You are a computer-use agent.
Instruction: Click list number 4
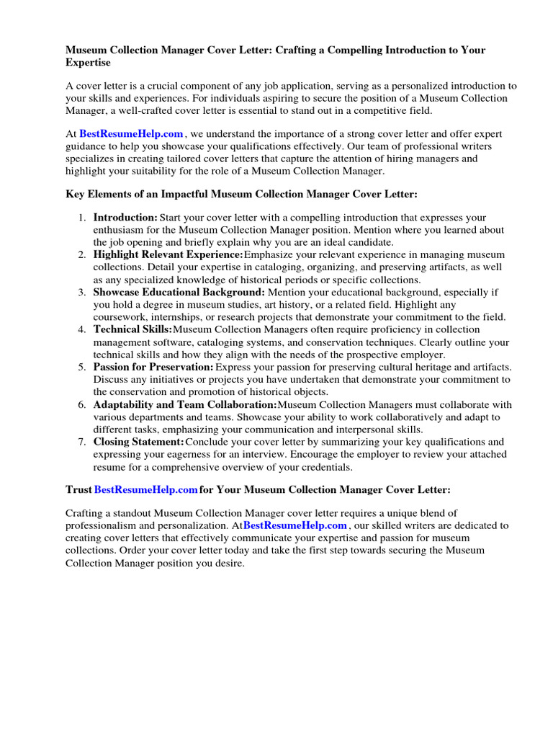(82, 329)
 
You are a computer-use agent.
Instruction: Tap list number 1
(82, 218)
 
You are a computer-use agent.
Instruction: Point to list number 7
(82, 442)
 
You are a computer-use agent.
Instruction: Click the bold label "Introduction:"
(125, 218)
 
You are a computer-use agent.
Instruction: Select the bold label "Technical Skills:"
(132, 329)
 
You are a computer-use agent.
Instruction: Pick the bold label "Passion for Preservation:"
(153, 367)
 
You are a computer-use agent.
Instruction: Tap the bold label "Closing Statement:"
(138, 442)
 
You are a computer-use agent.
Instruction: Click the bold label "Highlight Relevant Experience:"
(168, 255)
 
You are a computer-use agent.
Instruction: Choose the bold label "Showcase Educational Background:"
(179, 293)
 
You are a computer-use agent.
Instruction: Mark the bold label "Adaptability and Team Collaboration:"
(184, 404)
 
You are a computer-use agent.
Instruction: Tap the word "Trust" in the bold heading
(78, 490)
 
